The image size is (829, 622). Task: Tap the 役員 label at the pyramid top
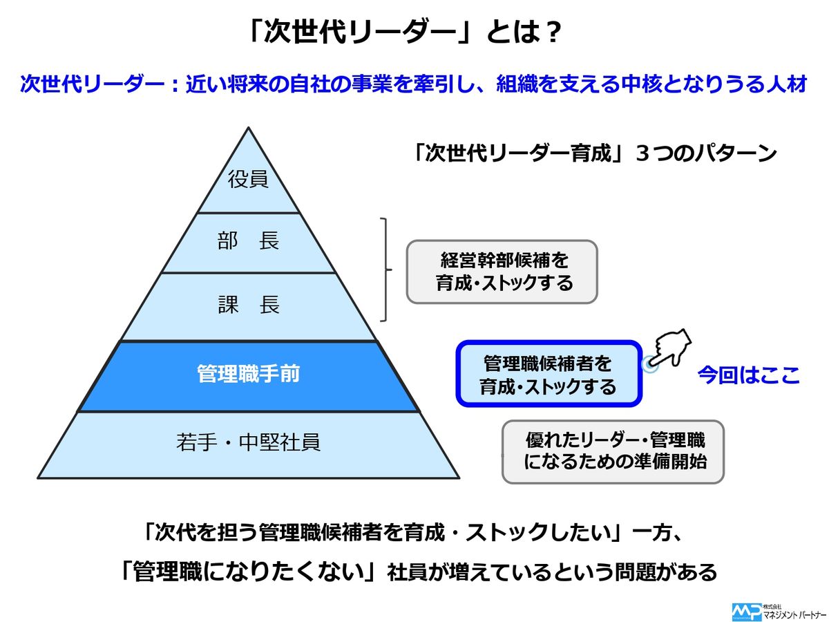(248, 179)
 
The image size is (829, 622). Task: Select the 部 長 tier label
(248, 242)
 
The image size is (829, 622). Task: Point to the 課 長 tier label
(248, 305)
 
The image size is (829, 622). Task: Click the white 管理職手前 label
(248, 375)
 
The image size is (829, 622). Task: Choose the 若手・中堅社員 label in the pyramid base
(248, 442)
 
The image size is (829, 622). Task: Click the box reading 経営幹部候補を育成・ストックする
(502, 272)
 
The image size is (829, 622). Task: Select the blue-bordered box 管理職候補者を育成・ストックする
(549, 374)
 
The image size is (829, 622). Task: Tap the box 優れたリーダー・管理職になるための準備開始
(613, 451)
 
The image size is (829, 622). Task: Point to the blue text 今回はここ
(748, 375)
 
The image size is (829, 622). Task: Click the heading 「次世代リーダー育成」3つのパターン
(593, 153)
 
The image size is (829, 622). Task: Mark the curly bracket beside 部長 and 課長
(385, 270)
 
